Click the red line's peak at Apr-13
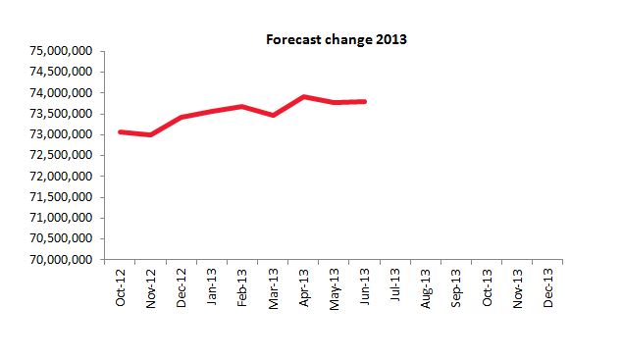click(x=303, y=97)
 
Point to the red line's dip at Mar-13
click(x=273, y=115)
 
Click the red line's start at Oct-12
click(x=120, y=131)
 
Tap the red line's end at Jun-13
click(x=365, y=101)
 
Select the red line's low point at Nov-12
click(x=150, y=134)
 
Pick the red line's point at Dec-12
click(x=181, y=118)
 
